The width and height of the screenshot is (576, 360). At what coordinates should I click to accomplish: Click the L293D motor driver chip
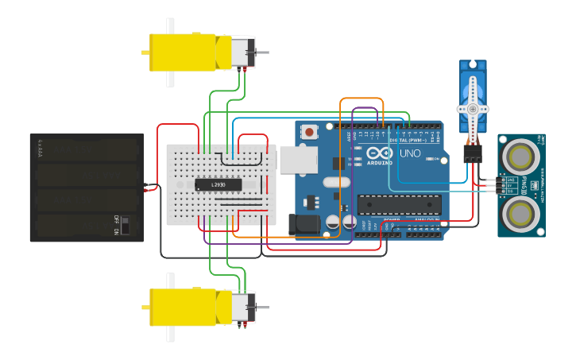[218, 184]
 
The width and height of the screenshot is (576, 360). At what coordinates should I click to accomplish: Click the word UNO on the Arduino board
[410, 153]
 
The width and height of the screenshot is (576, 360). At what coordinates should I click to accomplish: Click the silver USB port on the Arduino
[297, 160]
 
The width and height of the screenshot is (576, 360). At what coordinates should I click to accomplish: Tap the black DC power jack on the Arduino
[303, 226]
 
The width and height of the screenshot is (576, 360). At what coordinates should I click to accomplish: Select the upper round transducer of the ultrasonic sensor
[520, 157]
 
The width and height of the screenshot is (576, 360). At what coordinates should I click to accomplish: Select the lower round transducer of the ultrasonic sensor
[520, 213]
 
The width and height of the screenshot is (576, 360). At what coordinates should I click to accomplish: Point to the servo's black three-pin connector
[473, 154]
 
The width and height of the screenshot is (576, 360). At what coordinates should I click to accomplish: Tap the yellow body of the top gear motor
[183, 52]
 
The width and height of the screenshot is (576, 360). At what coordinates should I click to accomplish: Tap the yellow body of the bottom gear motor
[183, 307]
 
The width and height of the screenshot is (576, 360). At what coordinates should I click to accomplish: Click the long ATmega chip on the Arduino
[399, 204]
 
